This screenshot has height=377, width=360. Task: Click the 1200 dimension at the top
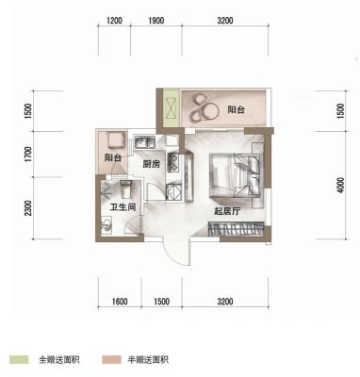pos(114,21)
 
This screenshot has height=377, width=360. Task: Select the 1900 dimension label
pos(156,21)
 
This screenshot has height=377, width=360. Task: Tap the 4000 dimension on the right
pos(340,186)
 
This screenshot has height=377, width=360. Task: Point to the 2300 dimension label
pos(28,208)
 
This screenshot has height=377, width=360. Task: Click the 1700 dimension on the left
pos(28,155)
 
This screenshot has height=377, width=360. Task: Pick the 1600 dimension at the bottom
pos(120,302)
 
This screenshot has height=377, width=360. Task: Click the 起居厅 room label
pos(227,211)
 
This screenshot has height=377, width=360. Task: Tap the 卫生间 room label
pos(123,207)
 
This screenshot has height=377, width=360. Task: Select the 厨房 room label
pos(152,164)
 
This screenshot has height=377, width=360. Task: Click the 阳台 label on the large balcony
pos(236,110)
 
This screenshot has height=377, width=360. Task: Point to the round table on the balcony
pos(210,111)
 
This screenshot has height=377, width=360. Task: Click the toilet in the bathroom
pos(125,189)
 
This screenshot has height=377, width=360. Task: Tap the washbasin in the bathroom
pos(106,225)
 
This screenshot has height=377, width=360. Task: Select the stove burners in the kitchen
pos(173,162)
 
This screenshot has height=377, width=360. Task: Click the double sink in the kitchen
pos(144,142)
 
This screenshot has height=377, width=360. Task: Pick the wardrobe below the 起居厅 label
pos(236,229)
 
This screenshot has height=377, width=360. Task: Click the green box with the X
pos(172,108)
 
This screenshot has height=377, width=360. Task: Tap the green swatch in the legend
pos(19,359)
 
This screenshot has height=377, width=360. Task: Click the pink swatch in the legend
pos(111,359)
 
